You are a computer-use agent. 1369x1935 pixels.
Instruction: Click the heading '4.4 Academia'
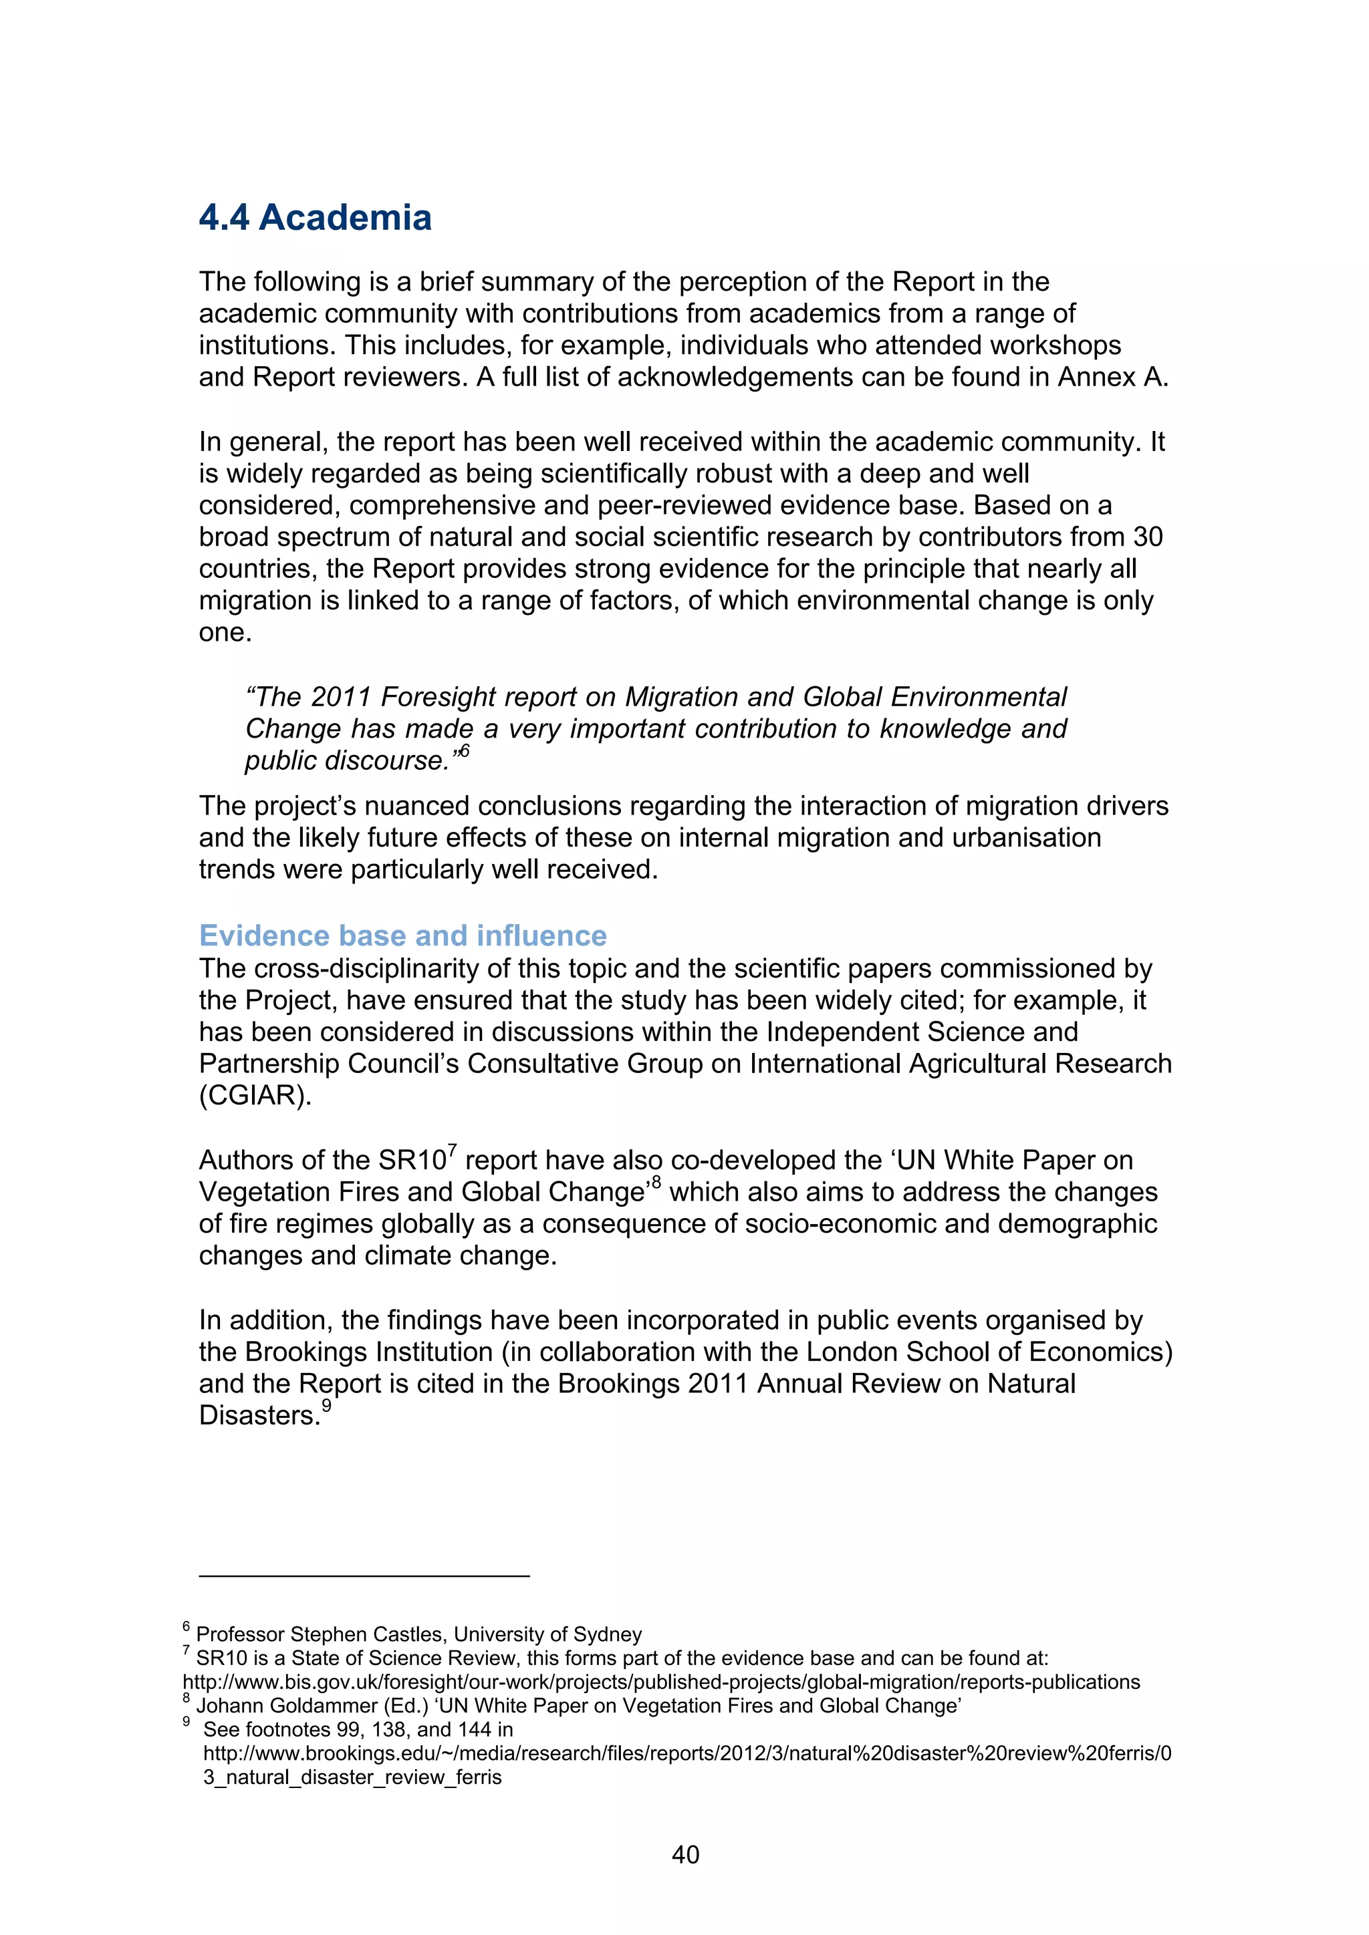[x=316, y=217]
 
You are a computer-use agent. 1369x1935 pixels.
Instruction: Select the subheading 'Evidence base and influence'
[x=402, y=935]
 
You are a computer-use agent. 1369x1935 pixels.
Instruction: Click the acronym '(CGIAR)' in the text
[x=255, y=1096]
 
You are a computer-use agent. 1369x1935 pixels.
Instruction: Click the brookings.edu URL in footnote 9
[x=687, y=1754]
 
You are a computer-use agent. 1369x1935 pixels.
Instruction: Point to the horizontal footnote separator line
[x=364, y=1575]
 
